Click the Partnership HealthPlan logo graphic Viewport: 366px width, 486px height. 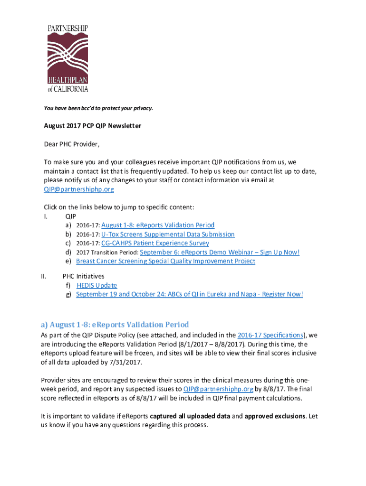pyautogui.click(x=67, y=58)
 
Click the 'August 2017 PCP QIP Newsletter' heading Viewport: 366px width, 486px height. pyautogui.click(x=93, y=126)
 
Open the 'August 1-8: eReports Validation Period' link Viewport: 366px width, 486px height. pyautogui.click(x=158, y=225)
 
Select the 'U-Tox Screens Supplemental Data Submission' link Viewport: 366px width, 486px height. pyautogui.click(x=168, y=234)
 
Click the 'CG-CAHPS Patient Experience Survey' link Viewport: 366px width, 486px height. pyautogui.click(x=155, y=243)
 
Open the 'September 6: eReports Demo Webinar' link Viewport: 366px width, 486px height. pyautogui.click(x=220, y=252)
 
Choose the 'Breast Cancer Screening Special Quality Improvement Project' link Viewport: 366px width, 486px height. pyautogui.click(x=165, y=261)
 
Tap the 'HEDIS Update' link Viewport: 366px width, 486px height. pyautogui.click(x=96, y=285)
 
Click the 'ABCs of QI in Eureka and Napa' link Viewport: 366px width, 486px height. pyautogui.click(x=189, y=294)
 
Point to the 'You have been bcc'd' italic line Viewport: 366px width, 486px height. pyautogui.click(x=98, y=108)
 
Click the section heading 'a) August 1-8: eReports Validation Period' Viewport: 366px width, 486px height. pyautogui.click(x=115, y=325)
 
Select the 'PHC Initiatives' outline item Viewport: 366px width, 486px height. pyautogui.click(x=83, y=276)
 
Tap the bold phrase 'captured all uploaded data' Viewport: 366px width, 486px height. pyautogui.click(x=190, y=416)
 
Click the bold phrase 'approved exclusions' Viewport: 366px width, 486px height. pyautogui.click(x=275, y=416)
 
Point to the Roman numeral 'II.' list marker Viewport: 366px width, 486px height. pyautogui.click(x=44, y=276)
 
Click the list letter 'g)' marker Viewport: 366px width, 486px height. pyautogui.click(x=69, y=294)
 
